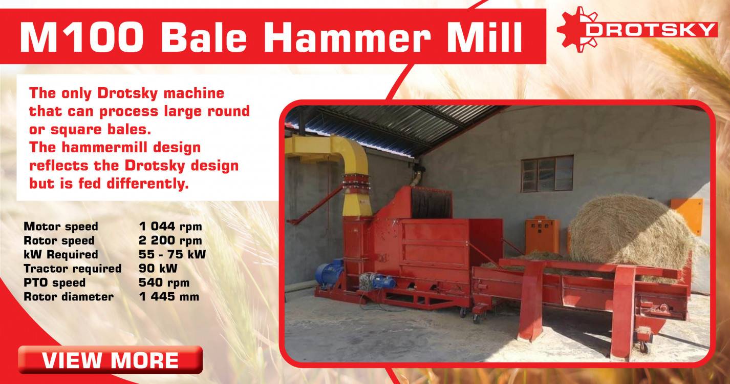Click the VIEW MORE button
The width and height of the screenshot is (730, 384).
point(110,360)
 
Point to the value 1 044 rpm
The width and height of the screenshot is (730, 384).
point(170,227)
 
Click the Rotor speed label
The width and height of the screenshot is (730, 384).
point(59,240)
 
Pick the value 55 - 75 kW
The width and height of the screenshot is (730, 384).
point(172,254)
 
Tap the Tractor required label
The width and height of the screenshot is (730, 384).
point(72,269)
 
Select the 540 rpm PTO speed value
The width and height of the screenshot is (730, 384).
point(164,282)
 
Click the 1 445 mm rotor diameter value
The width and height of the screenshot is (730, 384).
point(169,296)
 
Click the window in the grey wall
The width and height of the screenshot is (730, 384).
point(547,173)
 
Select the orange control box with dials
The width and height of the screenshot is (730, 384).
point(542,235)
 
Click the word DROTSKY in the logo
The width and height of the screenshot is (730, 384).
point(651,29)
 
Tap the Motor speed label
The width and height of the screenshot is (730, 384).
point(60,227)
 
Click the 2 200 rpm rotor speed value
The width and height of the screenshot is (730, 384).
point(170,240)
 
